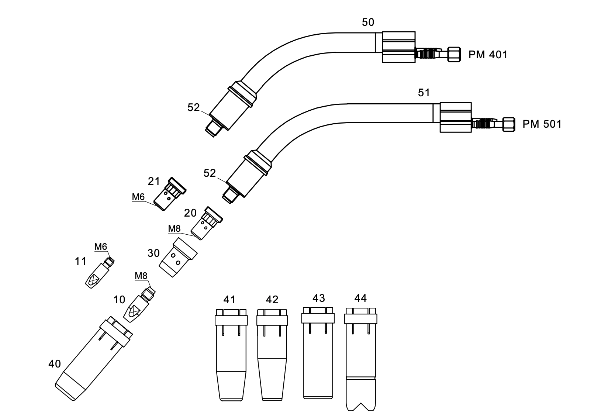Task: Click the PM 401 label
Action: coord(488,55)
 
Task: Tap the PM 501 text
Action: coord(542,124)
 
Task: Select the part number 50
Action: coord(368,22)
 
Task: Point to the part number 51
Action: coord(424,93)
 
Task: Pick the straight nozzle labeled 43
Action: coord(318,353)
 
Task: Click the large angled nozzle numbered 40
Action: coord(93,358)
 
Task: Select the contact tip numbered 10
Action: coord(139,304)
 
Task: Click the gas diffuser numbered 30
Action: coord(178,257)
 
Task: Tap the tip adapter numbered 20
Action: coord(207,223)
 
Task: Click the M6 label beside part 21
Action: coord(138,197)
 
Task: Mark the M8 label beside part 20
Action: coord(175,228)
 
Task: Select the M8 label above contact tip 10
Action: coord(141,276)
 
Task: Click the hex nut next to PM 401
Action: coord(454,54)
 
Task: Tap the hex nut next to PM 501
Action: coord(508,124)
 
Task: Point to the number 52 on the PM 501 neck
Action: coord(210,173)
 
